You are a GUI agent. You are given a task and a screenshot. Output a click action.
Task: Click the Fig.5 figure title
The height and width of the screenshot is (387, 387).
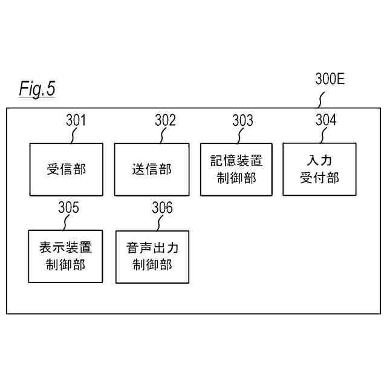pos(37,89)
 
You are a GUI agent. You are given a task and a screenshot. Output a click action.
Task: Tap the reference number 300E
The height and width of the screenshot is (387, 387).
pos(330,79)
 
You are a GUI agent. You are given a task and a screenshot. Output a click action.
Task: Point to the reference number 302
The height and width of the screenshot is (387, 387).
pos(165,120)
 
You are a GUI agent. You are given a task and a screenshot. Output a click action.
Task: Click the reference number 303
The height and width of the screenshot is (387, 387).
pos(242,120)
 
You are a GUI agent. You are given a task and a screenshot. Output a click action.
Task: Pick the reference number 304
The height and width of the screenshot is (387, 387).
pos(326,120)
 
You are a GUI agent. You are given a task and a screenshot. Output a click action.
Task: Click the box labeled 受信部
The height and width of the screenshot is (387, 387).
pos(67,169)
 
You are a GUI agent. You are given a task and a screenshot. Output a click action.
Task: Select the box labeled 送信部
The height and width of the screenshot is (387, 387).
pos(152,169)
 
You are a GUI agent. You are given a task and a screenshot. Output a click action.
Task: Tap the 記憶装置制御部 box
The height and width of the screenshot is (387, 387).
pos(236,169)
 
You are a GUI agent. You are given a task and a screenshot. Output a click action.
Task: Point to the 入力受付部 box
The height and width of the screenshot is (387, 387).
pos(319,169)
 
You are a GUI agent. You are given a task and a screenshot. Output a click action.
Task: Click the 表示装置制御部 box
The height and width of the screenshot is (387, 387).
pos(66,256)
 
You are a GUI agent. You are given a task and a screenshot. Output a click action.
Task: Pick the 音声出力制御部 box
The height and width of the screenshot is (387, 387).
pos(152,256)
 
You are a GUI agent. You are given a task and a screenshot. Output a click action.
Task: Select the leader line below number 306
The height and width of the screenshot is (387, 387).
pos(160,223)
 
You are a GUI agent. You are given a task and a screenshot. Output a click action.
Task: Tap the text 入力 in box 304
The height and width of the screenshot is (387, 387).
pos(319,161)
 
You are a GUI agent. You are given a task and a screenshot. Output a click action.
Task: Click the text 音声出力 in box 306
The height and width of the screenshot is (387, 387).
pos(152,248)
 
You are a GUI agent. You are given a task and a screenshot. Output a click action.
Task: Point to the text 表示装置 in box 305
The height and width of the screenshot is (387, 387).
pos(66,248)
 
